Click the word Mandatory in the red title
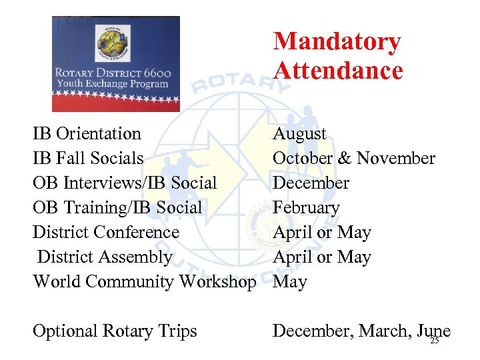(x=337, y=42)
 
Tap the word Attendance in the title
(x=338, y=71)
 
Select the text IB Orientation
(x=87, y=134)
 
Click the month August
(x=299, y=134)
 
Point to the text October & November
(x=353, y=159)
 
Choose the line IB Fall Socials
(x=88, y=159)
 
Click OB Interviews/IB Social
(x=125, y=183)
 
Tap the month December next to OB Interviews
(x=311, y=183)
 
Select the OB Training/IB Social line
(x=117, y=208)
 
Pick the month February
(x=306, y=208)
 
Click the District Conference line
(x=106, y=233)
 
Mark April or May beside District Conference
(x=321, y=233)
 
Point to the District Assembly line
(x=105, y=257)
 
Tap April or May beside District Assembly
(x=321, y=257)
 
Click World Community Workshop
(x=144, y=282)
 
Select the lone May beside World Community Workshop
(x=290, y=282)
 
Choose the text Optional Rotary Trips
(x=115, y=331)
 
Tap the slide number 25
(x=435, y=341)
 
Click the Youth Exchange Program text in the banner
(x=113, y=85)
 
